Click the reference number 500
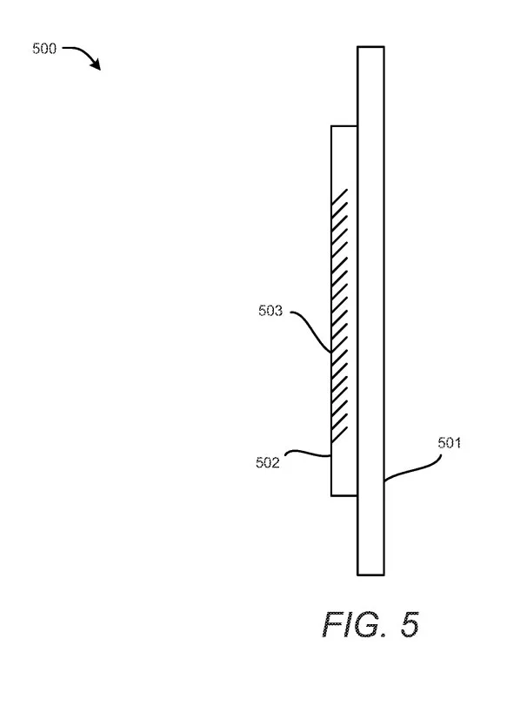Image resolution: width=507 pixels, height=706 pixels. point(44,49)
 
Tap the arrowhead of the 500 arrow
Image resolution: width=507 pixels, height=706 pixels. point(96,64)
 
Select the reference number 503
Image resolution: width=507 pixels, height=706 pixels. point(270,311)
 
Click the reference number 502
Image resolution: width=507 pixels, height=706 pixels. point(268,462)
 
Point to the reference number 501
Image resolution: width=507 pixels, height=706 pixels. point(450,443)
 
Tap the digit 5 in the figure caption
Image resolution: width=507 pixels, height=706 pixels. point(410,624)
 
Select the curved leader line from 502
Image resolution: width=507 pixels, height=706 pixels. point(309,453)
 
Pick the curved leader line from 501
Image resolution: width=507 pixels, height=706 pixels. point(411,470)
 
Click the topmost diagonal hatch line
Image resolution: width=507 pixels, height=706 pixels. point(340,197)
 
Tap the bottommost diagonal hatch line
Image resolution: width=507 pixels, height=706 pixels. point(340,434)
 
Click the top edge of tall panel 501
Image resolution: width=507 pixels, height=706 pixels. point(370,46)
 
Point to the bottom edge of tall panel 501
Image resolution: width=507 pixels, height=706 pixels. point(370,575)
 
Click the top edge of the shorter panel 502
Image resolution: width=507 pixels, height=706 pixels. point(344,126)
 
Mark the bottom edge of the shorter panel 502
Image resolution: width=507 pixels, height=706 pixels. point(344,495)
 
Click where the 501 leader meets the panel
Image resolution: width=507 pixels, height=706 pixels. point(384,481)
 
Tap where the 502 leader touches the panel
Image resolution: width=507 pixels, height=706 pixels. point(331,456)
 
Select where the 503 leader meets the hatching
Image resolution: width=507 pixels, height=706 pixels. point(331,352)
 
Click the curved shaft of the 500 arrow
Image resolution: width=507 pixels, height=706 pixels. point(80,50)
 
